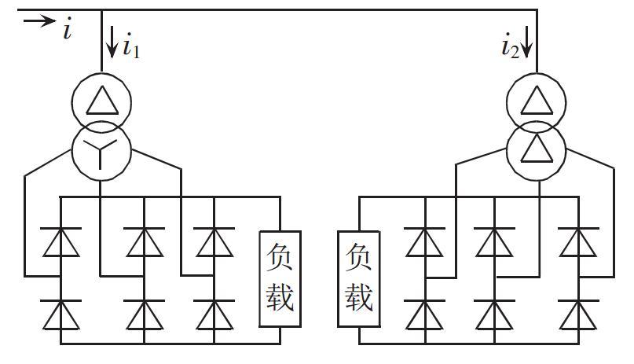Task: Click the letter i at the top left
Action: [x=68, y=31]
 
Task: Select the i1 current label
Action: [x=131, y=47]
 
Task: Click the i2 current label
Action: [x=509, y=47]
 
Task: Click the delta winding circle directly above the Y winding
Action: [x=102, y=101]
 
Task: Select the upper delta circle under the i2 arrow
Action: [x=537, y=101]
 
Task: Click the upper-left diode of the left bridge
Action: [x=61, y=242]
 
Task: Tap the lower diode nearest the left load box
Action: [x=214, y=316]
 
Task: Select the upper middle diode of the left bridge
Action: [x=145, y=242]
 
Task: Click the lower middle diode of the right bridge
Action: [x=494, y=316]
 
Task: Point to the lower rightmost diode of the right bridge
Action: [x=579, y=316]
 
